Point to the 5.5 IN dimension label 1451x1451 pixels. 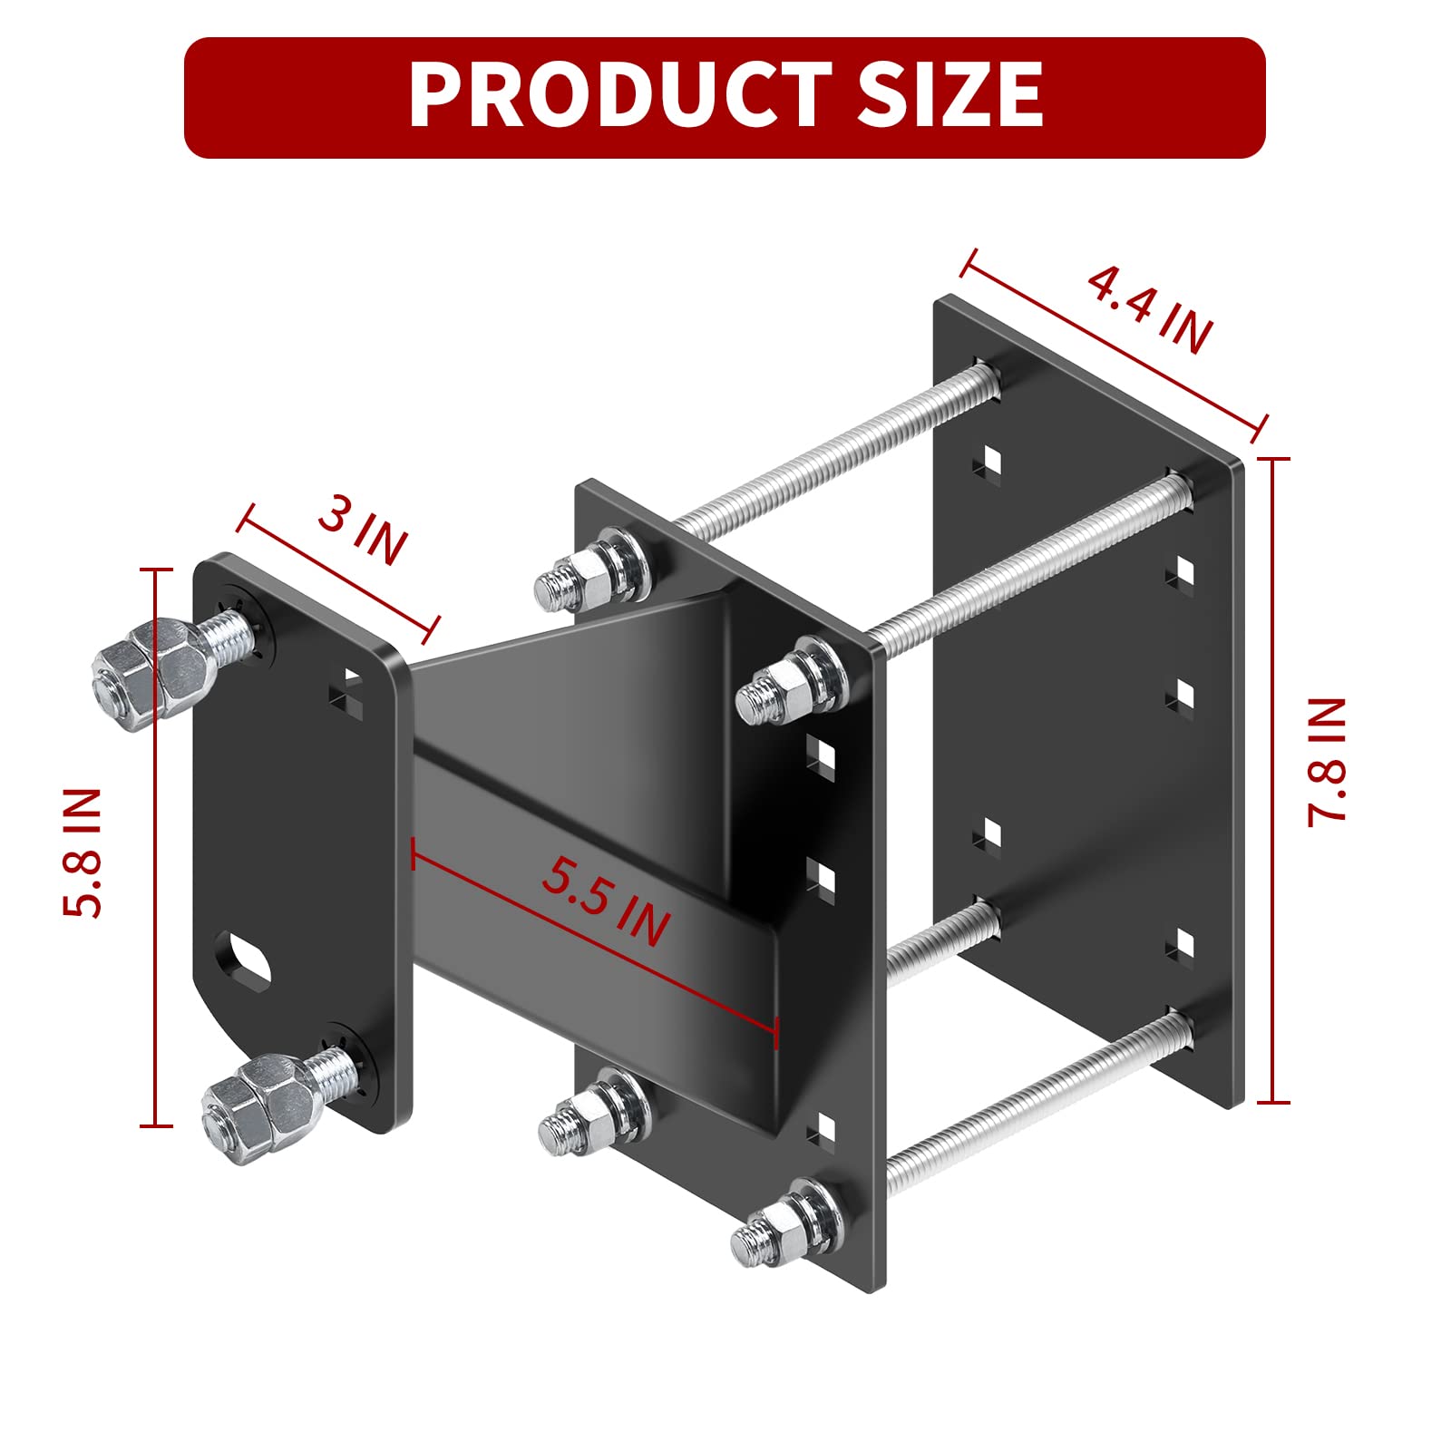tap(606, 901)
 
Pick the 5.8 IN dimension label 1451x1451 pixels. tap(83, 852)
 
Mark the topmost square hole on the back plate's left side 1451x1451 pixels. tap(988, 461)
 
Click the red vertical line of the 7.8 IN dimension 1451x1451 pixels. tap(1273, 780)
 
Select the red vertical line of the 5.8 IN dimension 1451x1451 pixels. tap(156, 848)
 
